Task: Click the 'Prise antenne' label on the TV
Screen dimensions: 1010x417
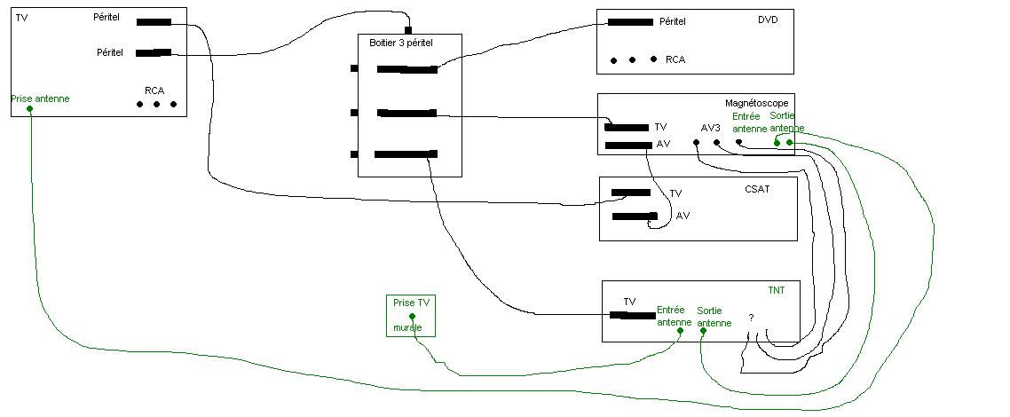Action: [x=40, y=99]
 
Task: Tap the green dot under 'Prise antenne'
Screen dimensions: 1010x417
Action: [x=30, y=108]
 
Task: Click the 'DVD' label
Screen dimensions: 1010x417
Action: [x=768, y=20]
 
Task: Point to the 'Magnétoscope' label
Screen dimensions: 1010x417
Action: [x=756, y=103]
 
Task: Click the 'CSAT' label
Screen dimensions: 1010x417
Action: [x=757, y=189]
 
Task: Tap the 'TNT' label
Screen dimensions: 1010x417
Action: [x=777, y=290]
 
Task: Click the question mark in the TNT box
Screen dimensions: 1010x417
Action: [x=751, y=318]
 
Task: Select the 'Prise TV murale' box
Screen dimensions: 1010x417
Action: [x=411, y=315]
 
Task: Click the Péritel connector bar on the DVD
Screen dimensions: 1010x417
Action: [x=631, y=22]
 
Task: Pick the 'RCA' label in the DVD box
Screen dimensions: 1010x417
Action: [x=675, y=59]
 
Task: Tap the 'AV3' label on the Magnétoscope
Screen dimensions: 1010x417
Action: [x=711, y=128]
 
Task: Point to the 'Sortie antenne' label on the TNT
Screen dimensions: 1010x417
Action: [x=714, y=318]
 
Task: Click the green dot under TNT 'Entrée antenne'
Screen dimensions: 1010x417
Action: [x=680, y=331]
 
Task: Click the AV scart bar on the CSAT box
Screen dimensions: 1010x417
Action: [x=635, y=216]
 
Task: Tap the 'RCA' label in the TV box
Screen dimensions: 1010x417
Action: [x=154, y=90]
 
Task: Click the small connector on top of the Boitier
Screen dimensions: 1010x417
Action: [x=407, y=30]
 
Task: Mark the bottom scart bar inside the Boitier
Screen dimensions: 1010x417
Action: [x=406, y=153]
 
